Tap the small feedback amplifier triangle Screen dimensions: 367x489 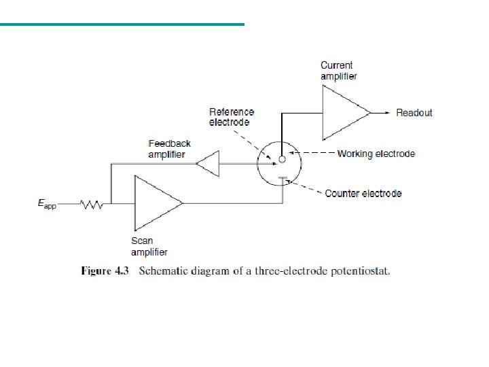207,164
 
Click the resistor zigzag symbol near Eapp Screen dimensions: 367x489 90,203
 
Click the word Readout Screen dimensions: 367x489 414,113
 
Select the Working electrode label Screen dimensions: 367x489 376,154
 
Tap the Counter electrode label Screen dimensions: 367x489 363,194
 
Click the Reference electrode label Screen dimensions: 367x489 232,117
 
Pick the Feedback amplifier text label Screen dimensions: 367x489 169,149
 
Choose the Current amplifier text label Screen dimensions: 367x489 338,71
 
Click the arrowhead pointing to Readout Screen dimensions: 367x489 387,112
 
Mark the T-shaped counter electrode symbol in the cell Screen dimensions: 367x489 283,179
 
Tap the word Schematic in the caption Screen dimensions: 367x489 163,272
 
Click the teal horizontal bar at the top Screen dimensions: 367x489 122,24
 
